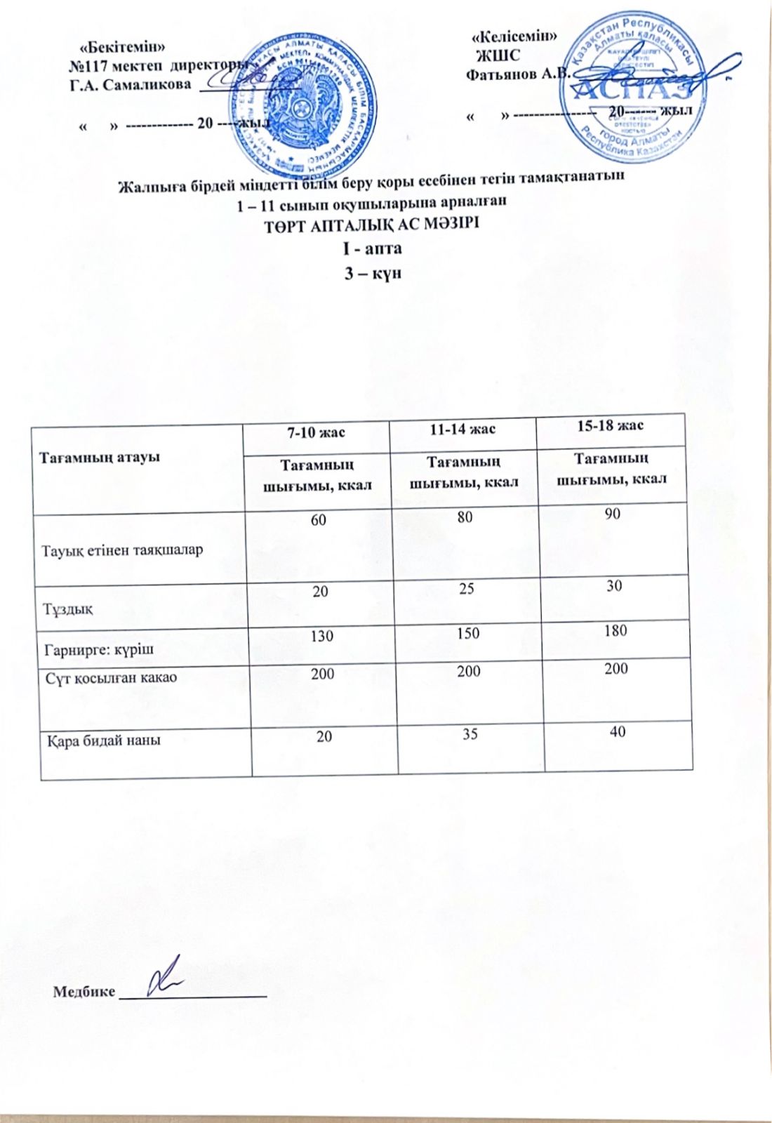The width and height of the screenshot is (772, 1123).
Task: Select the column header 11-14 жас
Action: [462, 429]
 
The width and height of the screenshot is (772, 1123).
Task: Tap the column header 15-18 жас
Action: [609, 426]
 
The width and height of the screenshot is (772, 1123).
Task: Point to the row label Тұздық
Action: [69, 608]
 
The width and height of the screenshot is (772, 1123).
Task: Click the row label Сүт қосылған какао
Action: [111, 678]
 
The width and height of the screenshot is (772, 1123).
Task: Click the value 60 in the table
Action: [319, 520]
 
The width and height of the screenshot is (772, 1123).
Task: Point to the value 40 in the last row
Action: [618, 731]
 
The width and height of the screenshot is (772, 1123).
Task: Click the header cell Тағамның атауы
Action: [99, 457]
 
